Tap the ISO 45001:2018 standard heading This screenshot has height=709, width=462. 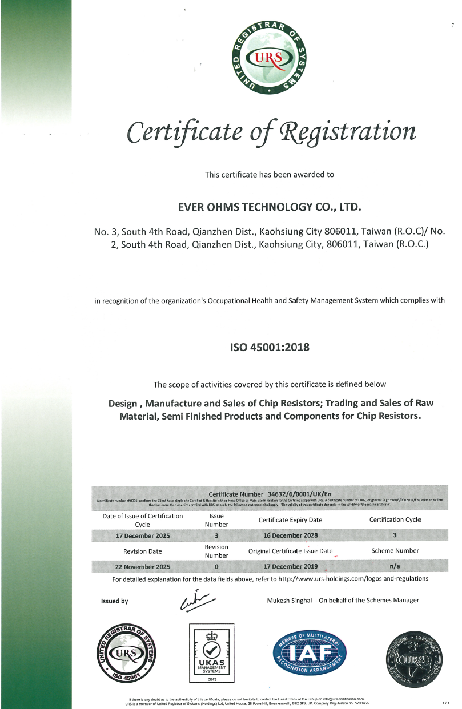[x=270, y=347]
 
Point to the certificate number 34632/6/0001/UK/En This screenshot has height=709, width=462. [x=299, y=493]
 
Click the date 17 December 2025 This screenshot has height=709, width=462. [x=143, y=535]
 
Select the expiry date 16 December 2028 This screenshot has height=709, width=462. [x=290, y=535]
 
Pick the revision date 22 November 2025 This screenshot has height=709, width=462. [x=143, y=567]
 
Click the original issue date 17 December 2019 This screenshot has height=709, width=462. [x=290, y=567]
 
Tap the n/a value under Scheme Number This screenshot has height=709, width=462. [x=395, y=567]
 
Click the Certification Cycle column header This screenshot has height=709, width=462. [x=395, y=519]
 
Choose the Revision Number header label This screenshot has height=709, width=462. [x=216, y=551]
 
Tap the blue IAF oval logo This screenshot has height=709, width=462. [x=310, y=652]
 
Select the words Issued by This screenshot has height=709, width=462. [x=114, y=601]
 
